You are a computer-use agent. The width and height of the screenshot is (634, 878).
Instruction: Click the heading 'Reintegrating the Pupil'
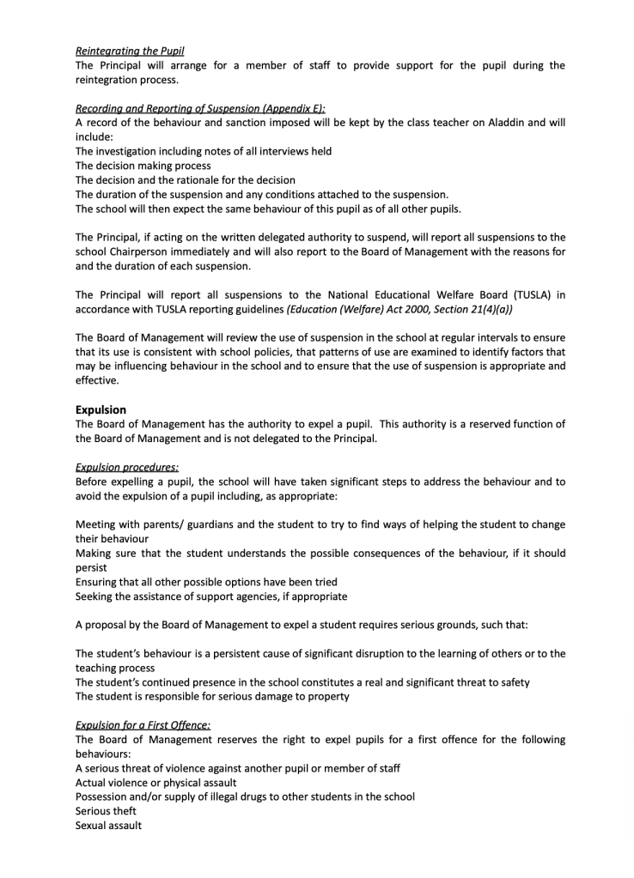coord(130,51)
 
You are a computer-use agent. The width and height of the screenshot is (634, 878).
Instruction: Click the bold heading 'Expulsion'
coord(101,410)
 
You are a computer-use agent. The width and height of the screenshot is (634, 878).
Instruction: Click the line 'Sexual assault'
coord(108,826)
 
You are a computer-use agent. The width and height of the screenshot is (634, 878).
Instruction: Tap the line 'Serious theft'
coord(106,811)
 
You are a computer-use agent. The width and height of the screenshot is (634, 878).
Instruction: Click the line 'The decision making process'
coord(143,166)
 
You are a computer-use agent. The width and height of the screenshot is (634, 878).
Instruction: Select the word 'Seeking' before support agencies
coord(95,596)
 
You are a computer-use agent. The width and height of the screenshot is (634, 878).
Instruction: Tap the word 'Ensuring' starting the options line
coord(97,582)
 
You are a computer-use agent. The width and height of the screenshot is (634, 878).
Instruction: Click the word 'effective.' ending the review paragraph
coord(98,381)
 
